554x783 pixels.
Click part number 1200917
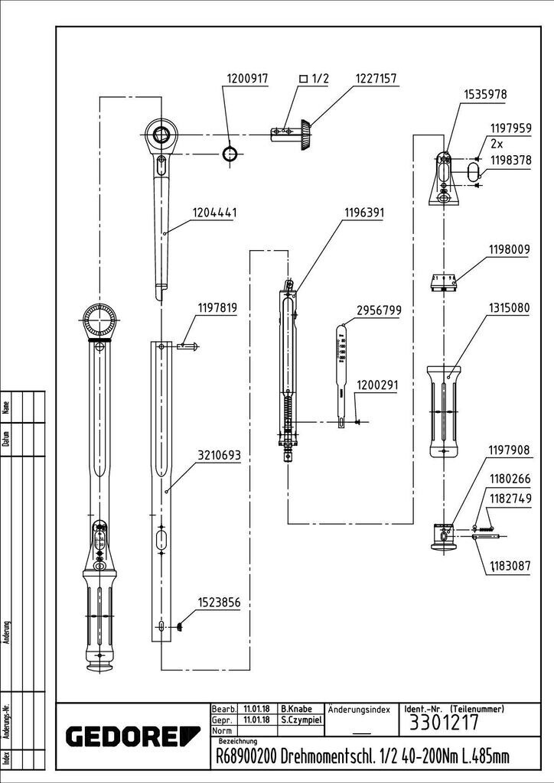(x=247, y=79)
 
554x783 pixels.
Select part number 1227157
(x=376, y=79)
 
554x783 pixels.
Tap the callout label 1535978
(x=485, y=94)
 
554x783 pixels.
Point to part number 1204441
(x=214, y=213)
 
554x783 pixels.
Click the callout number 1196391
(x=364, y=213)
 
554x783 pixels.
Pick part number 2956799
(x=379, y=310)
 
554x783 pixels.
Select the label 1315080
(x=509, y=308)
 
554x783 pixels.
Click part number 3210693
(x=220, y=456)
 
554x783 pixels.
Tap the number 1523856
(x=220, y=603)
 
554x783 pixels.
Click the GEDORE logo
(x=133, y=737)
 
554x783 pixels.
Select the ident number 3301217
(x=444, y=723)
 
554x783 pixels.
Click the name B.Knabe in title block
(x=296, y=709)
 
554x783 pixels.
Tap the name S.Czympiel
(x=301, y=720)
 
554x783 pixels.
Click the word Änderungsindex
(x=359, y=710)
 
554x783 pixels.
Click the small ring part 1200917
(x=230, y=154)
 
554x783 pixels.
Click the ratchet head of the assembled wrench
(x=99, y=320)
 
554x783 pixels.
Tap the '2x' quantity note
(x=497, y=145)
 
